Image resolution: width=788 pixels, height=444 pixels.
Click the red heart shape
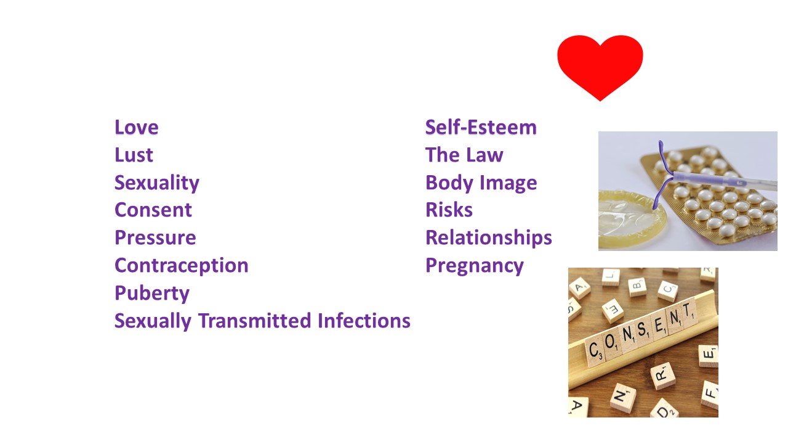coord(600,65)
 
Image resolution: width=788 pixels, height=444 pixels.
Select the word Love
coord(137,127)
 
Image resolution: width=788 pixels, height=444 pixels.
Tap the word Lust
coord(134,155)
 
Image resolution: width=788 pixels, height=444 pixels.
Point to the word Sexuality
coord(157,183)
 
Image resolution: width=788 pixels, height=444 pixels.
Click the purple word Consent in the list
coord(153,210)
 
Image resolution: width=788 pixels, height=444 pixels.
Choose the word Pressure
coord(155,238)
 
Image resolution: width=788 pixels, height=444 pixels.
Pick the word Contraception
coord(182,266)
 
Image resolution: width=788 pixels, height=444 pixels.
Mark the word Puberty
coord(152,294)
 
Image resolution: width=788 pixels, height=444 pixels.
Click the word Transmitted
coord(255,321)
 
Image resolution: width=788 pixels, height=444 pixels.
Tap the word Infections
coord(364,321)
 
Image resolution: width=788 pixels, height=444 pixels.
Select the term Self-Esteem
coord(481,127)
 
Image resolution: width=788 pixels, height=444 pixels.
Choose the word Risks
coord(449,210)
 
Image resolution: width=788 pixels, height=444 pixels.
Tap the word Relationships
coord(489,238)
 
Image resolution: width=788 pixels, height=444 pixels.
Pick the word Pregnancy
coord(475,266)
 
